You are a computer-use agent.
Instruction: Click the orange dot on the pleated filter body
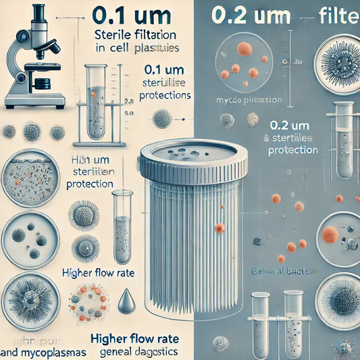pos(220,228)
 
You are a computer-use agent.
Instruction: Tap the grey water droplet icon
pos(126,301)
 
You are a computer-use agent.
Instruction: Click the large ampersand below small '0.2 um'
pos(265,138)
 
